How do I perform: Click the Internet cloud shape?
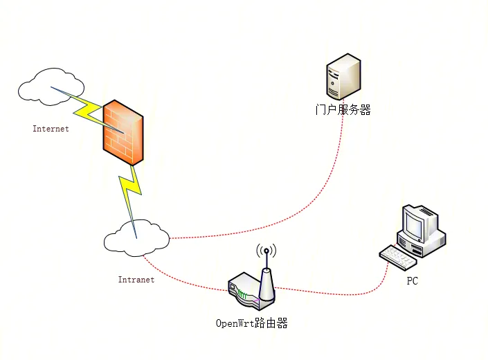50,87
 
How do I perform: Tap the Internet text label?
51,129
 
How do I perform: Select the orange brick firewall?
123,132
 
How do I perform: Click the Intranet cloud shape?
136,238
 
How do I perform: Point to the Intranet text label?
136,280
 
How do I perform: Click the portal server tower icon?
343,77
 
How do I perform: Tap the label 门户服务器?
343,110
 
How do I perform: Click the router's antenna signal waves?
266,251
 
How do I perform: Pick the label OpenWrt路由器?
251,323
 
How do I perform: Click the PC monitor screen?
413,224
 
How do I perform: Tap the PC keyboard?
398,258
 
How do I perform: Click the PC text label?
413,281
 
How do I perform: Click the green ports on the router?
242,294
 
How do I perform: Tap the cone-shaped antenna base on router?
266,285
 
